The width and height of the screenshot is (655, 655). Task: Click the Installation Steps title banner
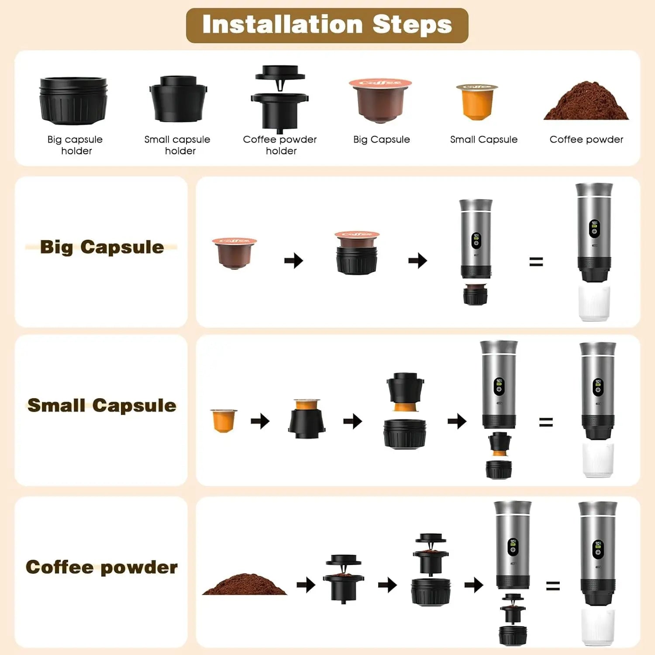[327, 25]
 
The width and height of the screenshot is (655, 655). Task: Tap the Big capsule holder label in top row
[75, 145]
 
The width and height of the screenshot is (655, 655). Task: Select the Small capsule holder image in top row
[178, 99]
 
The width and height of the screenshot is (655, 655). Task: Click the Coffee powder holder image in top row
[279, 99]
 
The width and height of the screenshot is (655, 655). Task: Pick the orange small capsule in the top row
[477, 102]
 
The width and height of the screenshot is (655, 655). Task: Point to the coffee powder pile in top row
[586, 102]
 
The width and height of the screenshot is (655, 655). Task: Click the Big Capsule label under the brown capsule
[381, 140]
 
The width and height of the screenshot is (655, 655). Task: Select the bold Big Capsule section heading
[102, 247]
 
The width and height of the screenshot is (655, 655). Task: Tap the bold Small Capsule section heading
[102, 405]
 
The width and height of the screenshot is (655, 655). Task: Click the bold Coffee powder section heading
[102, 567]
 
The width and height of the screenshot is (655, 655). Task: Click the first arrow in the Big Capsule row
[293, 261]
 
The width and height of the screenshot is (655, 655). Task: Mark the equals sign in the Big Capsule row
[536, 262]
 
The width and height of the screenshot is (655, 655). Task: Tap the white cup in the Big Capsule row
[594, 303]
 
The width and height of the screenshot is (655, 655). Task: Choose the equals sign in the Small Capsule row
[546, 422]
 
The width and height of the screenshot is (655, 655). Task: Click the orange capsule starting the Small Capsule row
[224, 420]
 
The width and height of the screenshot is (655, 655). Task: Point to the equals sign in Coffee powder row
[553, 586]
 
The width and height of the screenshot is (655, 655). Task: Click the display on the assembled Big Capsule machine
[594, 228]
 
